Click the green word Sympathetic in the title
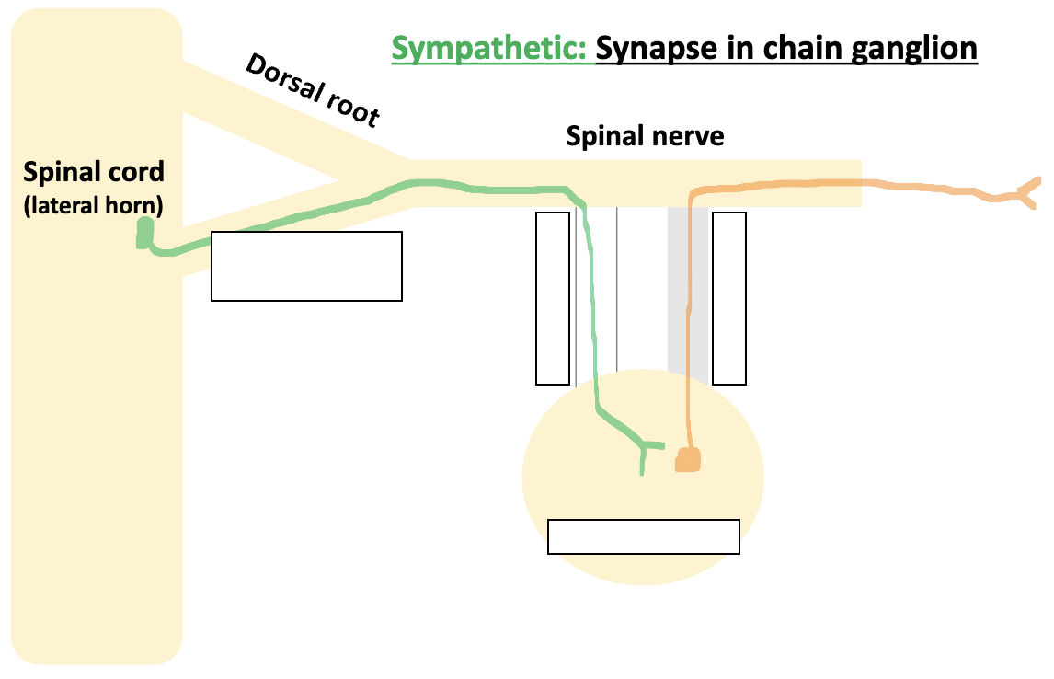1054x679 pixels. [488, 49]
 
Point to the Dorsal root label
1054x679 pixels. [314, 91]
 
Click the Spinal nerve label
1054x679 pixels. [646, 136]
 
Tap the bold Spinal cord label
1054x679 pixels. [94, 172]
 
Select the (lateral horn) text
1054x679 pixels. [94, 205]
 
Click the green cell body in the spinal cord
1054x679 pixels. [144, 233]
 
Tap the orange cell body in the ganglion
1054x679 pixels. [688, 460]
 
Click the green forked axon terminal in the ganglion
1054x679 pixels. [647, 454]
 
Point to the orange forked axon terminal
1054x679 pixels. [1026, 192]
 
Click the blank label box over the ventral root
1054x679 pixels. [306, 266]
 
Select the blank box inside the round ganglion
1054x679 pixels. [643, 536]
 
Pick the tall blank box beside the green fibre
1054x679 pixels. [553, 298]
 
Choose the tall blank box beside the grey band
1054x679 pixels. [729, 298]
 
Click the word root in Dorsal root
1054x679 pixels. [353, 109]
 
